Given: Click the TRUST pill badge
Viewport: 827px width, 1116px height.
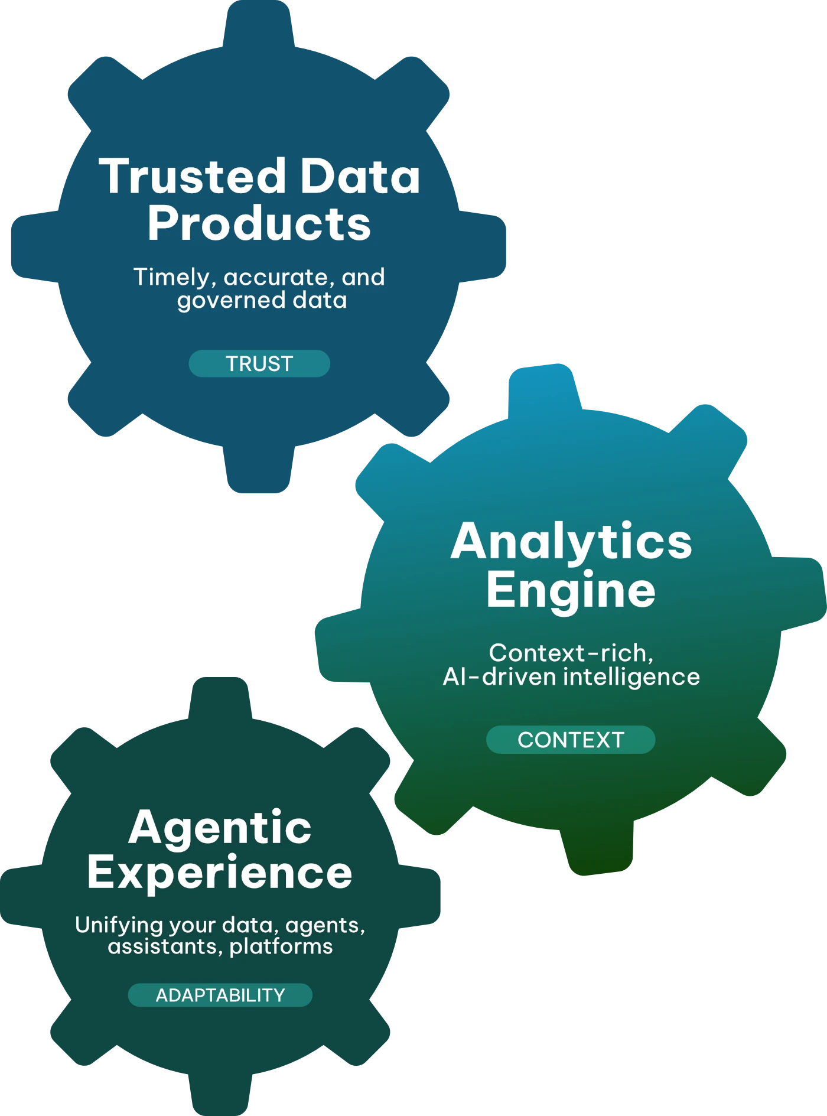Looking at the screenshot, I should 259,363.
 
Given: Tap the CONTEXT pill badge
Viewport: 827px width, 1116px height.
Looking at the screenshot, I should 571,740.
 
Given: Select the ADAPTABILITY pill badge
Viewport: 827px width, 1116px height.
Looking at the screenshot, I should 220,995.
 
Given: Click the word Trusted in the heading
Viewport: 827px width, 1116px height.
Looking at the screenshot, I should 193,176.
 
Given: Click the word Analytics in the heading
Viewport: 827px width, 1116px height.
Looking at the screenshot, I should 571,541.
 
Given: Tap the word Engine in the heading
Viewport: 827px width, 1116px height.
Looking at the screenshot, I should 571,590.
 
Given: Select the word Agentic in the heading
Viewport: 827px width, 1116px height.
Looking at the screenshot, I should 220,827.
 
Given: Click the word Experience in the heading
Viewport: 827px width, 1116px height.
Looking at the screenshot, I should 220,873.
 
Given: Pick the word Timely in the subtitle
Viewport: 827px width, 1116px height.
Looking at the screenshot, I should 171,277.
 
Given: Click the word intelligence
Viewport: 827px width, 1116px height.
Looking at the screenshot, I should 631,676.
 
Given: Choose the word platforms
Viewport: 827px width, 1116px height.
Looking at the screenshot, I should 281,946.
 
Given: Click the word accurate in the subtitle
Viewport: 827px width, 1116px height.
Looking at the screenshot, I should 275,277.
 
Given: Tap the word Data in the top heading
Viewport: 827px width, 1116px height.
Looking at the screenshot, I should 360,176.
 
